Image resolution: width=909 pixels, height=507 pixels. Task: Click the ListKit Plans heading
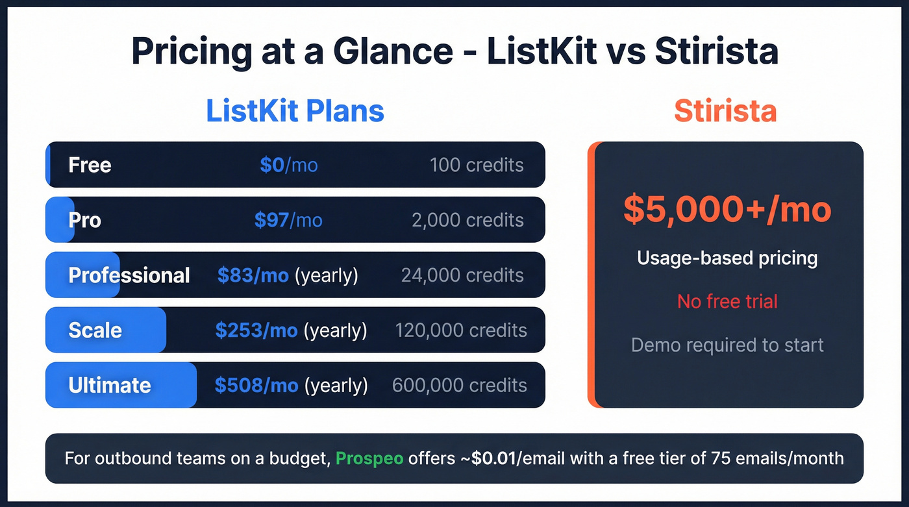tap(295, 111)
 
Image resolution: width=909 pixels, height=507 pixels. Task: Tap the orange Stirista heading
tap(725, 111)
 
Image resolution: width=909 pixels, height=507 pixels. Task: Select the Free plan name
tap(90, 165)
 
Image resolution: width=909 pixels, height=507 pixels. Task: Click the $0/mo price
tap(288, 165)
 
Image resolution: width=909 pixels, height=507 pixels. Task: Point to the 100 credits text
tap(477, 165)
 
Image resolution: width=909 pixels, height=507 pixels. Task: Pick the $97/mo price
tap(288, 220)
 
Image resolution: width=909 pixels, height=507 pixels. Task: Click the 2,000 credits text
tap(467, 220)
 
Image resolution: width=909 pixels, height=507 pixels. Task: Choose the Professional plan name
tap(129, 275)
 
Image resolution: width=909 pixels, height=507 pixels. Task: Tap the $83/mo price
tap(253, 275)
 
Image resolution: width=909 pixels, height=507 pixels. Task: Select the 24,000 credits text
tap(462, 275)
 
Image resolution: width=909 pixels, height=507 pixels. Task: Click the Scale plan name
tap(95, 330)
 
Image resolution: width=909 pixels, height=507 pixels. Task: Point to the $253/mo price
tap(256, 330)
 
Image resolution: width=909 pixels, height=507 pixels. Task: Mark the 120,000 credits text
tap(461, 330)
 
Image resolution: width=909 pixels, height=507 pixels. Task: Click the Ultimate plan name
tap(109, 386)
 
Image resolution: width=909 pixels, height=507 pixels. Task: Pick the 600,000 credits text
tap(460, 386)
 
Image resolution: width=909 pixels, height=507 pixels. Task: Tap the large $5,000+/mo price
tap(727, 209)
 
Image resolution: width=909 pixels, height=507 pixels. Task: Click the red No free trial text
tap(727, 301)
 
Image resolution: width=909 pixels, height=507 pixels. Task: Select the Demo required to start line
tap(727, 345)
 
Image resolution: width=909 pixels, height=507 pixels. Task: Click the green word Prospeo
tap(369, 458)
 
